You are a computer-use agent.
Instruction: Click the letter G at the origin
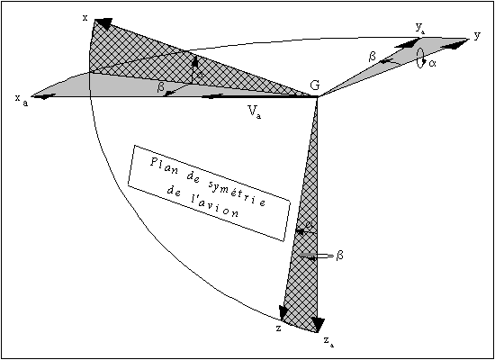click(314, 85)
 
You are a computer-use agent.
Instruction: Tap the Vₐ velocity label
click(255, 112)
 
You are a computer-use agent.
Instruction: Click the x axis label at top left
click(85, 18)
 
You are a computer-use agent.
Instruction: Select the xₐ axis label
click(22, 100)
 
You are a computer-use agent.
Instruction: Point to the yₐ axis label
click(419, 29)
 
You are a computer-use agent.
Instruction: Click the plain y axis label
click(477, 36)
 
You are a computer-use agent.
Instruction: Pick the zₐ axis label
click(328, 342)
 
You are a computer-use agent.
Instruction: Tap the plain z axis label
click(279, 328)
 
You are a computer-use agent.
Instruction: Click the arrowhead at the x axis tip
click(103, 23)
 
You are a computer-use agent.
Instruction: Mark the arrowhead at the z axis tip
click(283, 313)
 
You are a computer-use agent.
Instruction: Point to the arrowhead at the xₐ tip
click(44, 96)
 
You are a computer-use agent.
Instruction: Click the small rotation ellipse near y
click(420, 58)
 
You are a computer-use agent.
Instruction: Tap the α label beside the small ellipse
click(432, 63)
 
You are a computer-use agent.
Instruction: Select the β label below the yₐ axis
click(373, 57)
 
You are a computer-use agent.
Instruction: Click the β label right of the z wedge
click(339, 256)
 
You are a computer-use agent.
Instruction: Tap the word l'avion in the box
click(216, 206)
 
